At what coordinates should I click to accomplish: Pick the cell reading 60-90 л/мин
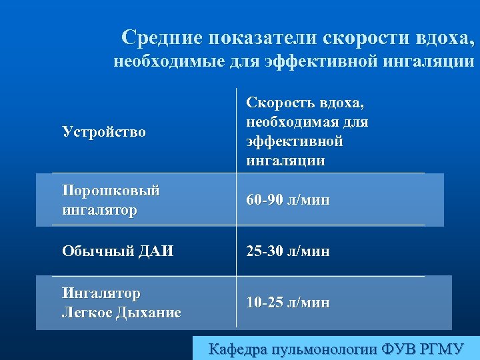288,200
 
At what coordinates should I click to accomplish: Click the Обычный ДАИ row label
117,251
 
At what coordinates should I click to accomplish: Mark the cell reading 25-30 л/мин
288,251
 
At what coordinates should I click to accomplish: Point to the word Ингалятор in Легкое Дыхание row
101,293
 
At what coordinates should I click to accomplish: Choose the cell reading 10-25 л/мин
288,303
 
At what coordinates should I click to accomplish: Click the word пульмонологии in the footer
325,349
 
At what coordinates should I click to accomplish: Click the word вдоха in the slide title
445,37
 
